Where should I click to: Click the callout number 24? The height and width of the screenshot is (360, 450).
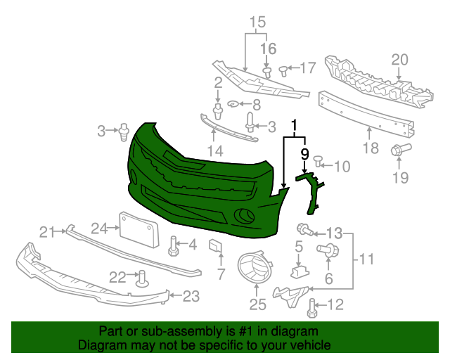click(98, 228)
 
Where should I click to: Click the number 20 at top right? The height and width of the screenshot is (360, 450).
click(399, 60)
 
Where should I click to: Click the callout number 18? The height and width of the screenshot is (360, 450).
click(371, 148)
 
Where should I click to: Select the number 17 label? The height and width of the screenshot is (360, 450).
click(308, 68)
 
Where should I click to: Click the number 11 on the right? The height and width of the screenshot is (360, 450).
click(366, 261)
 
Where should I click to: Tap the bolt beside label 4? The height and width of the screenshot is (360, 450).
click(172, 245)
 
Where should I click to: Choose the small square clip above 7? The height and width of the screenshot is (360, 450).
click(215, 245)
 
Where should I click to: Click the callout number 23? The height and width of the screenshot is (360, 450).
click(191, 297)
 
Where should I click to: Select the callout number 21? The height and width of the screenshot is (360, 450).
click(46, 232)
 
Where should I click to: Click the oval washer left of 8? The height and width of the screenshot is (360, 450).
click(234, 105)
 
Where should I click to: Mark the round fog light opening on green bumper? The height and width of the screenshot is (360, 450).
click(244, 216)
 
